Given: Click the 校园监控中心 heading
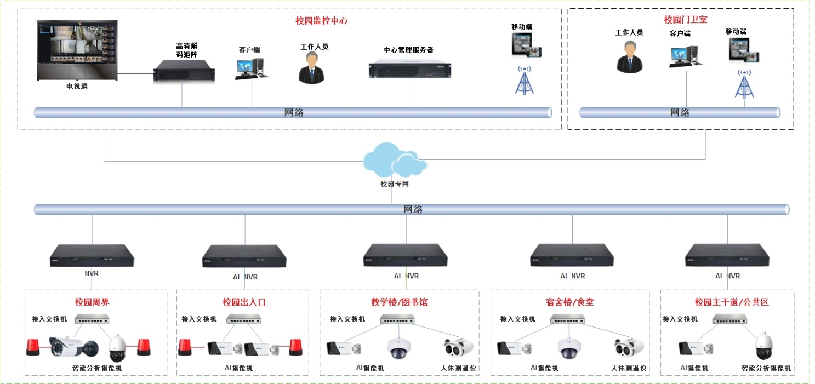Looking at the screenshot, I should (321, 21).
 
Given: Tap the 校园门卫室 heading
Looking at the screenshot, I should (685, 20).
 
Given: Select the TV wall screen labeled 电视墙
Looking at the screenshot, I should (77, 50).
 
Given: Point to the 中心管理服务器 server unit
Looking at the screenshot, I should (409, 69).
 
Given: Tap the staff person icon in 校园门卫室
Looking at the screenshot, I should (629, 56).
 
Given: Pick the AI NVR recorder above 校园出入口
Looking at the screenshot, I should (244, 256).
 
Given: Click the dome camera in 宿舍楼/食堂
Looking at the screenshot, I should (569, 347).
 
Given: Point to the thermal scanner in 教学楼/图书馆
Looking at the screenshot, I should (458, 348).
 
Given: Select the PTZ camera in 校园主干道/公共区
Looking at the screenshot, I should (763, 346).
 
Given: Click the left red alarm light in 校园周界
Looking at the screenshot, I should (34, 347).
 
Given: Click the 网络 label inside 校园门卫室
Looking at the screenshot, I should (680, 112).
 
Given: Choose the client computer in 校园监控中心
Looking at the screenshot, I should (252, 67).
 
